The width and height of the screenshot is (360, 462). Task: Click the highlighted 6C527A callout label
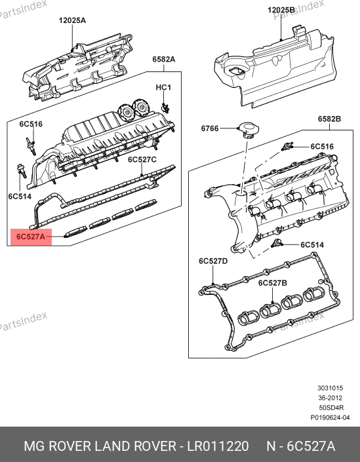31,237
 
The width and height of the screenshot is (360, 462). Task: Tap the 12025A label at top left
72,20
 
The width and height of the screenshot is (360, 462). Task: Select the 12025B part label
281,10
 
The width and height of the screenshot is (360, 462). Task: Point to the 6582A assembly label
164,59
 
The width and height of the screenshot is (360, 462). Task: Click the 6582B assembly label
329,119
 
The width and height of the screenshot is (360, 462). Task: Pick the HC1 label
163,88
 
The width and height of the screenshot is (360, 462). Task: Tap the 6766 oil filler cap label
210,128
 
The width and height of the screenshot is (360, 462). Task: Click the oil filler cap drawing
249,130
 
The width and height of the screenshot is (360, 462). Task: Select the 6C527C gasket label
142,160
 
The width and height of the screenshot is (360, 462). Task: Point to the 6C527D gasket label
213,261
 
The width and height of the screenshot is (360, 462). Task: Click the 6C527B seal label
272,283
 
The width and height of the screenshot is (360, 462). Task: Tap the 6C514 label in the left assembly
20,197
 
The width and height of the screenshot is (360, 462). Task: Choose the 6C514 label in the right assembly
312,245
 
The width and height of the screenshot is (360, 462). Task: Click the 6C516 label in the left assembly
31,124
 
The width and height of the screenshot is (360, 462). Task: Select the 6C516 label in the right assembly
322,146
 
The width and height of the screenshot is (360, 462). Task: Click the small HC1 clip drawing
165,108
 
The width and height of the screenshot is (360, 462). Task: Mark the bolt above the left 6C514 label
22,171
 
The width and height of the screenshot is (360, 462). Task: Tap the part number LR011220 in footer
218,446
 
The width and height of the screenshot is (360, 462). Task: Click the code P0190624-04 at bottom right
330,417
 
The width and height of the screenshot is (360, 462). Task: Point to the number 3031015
330,388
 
